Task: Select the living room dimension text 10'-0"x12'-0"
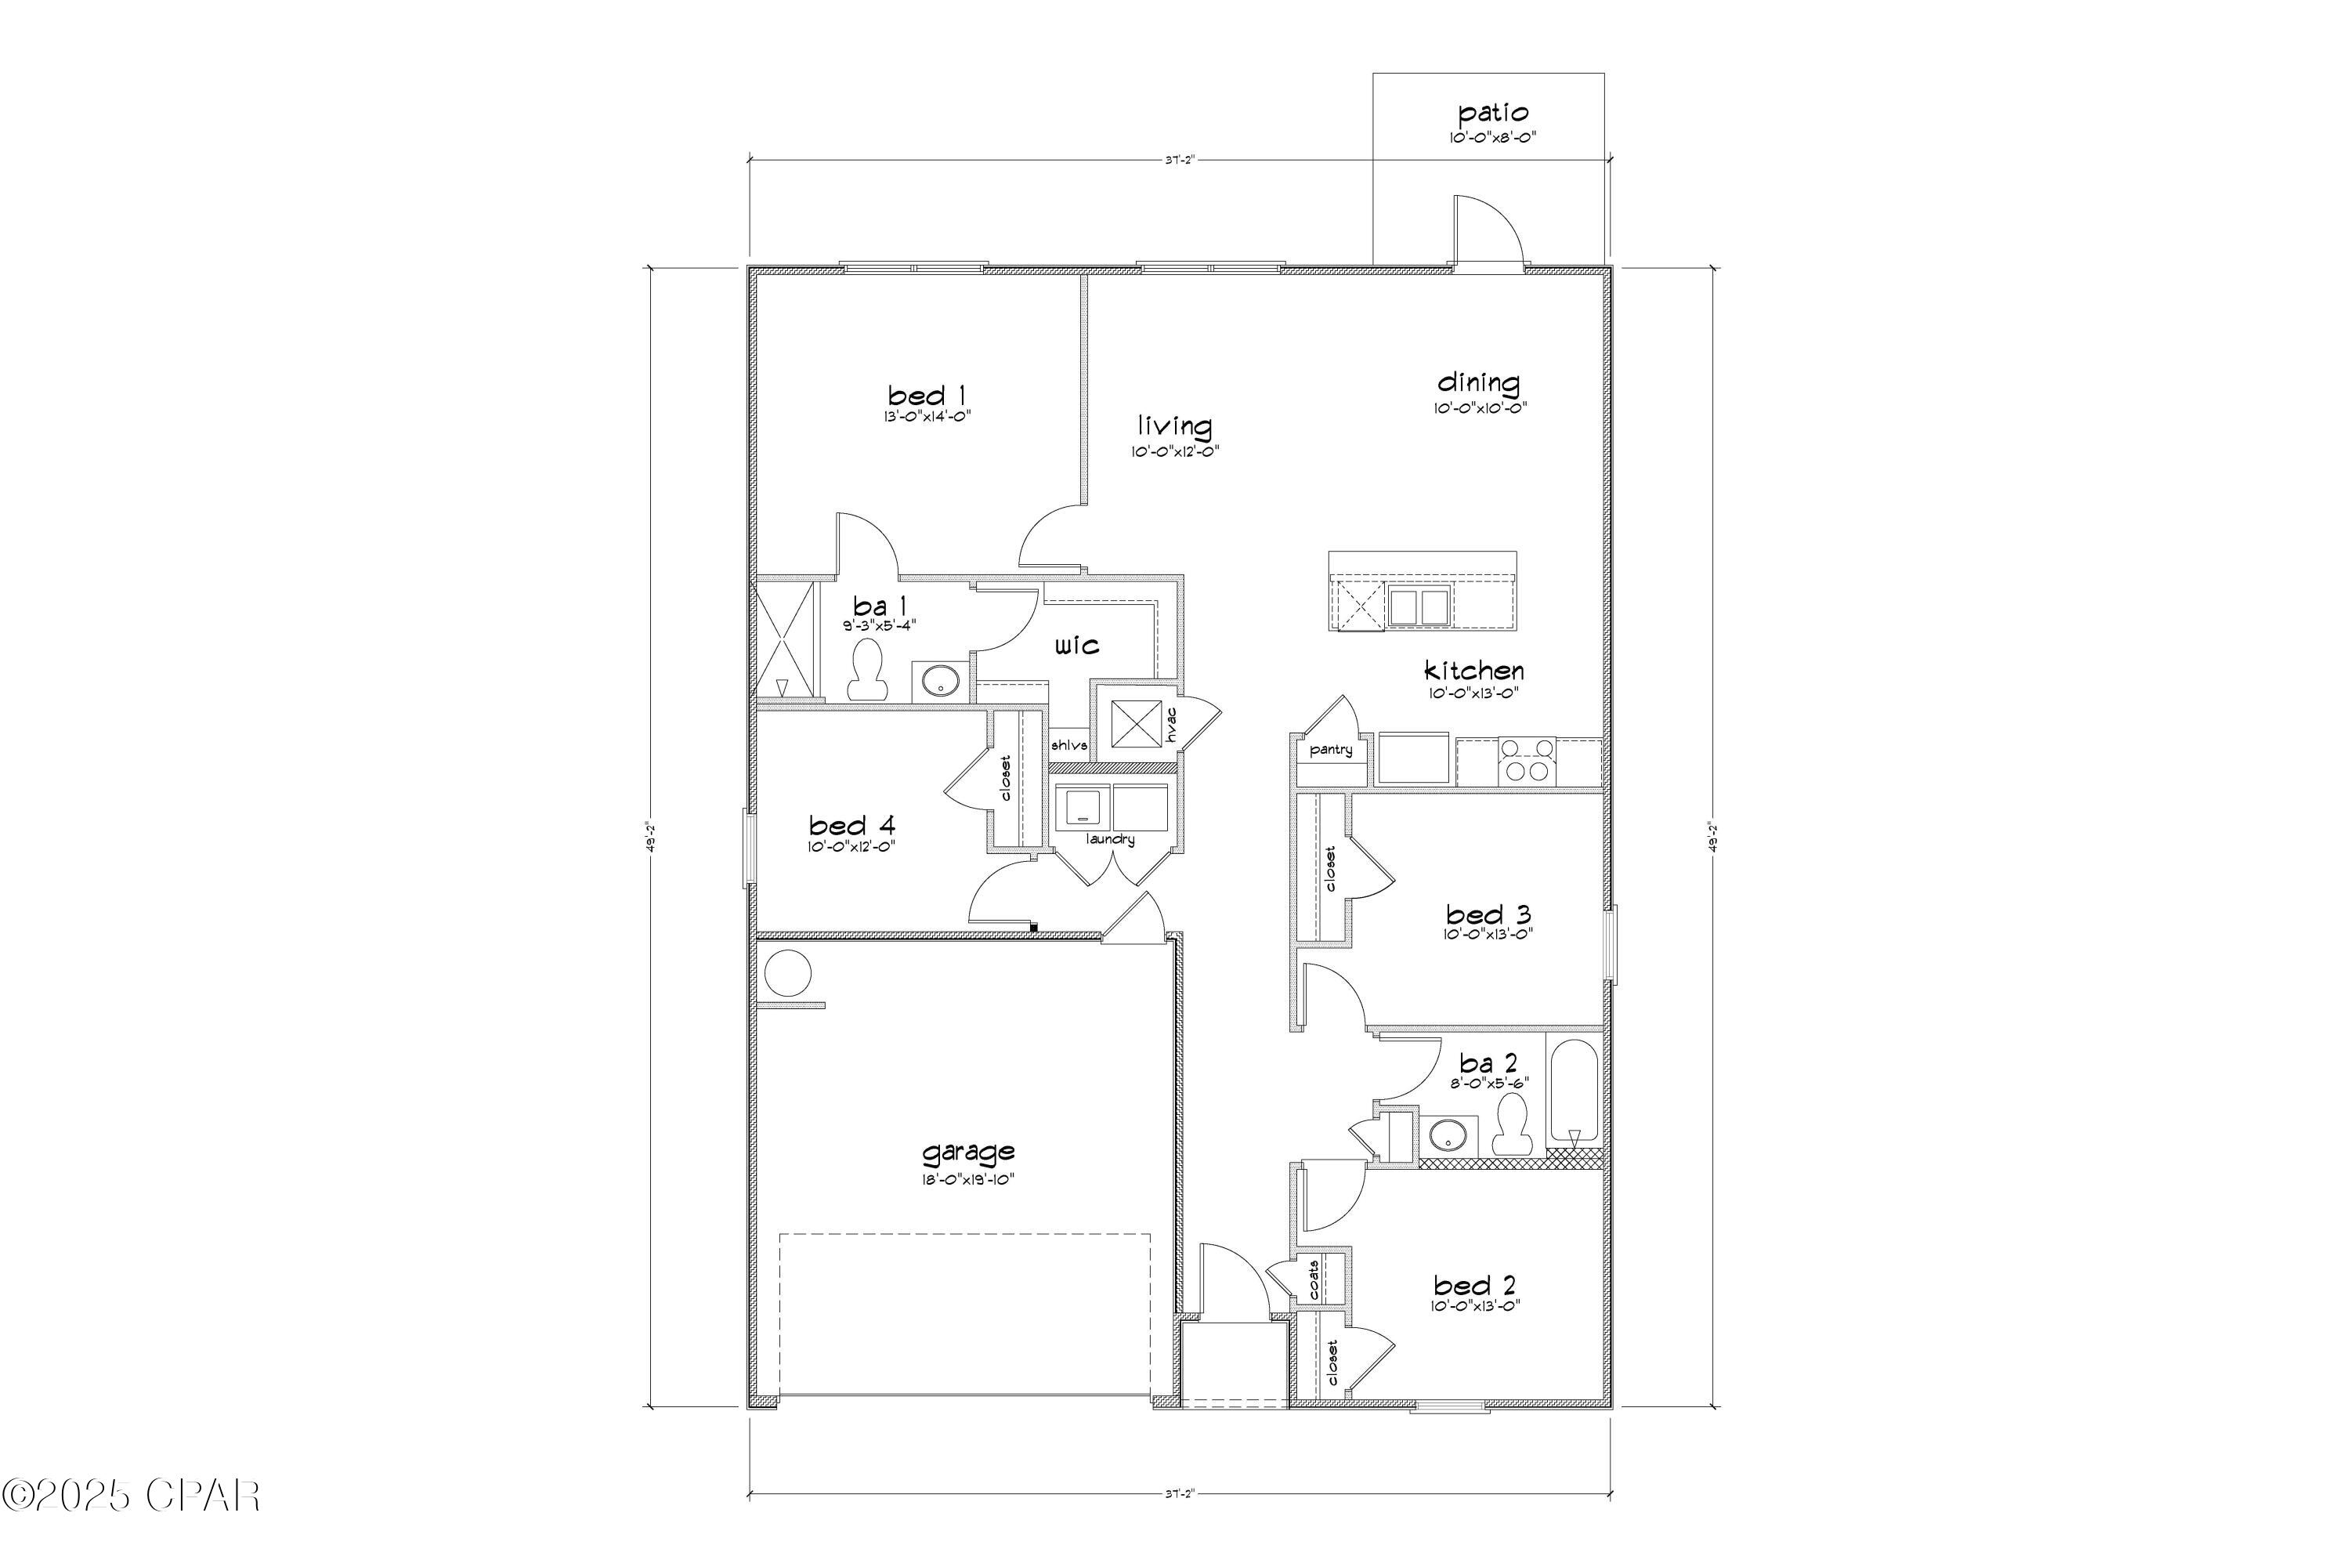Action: (1175, 452)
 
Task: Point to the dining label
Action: (1479, 383)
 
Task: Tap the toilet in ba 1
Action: (866, 671)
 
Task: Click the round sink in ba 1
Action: (940, 682)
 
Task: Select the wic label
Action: (1077, 646)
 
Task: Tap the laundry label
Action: (1111, 839)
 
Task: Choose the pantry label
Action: (1331, 750)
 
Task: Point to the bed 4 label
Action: (851, 826)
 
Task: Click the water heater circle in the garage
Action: (786, 973)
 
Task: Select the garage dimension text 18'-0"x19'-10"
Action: (968, 1179)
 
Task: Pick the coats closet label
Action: (1314, 1279)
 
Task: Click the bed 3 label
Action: (1488, 914)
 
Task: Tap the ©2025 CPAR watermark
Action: (131, 1496)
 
